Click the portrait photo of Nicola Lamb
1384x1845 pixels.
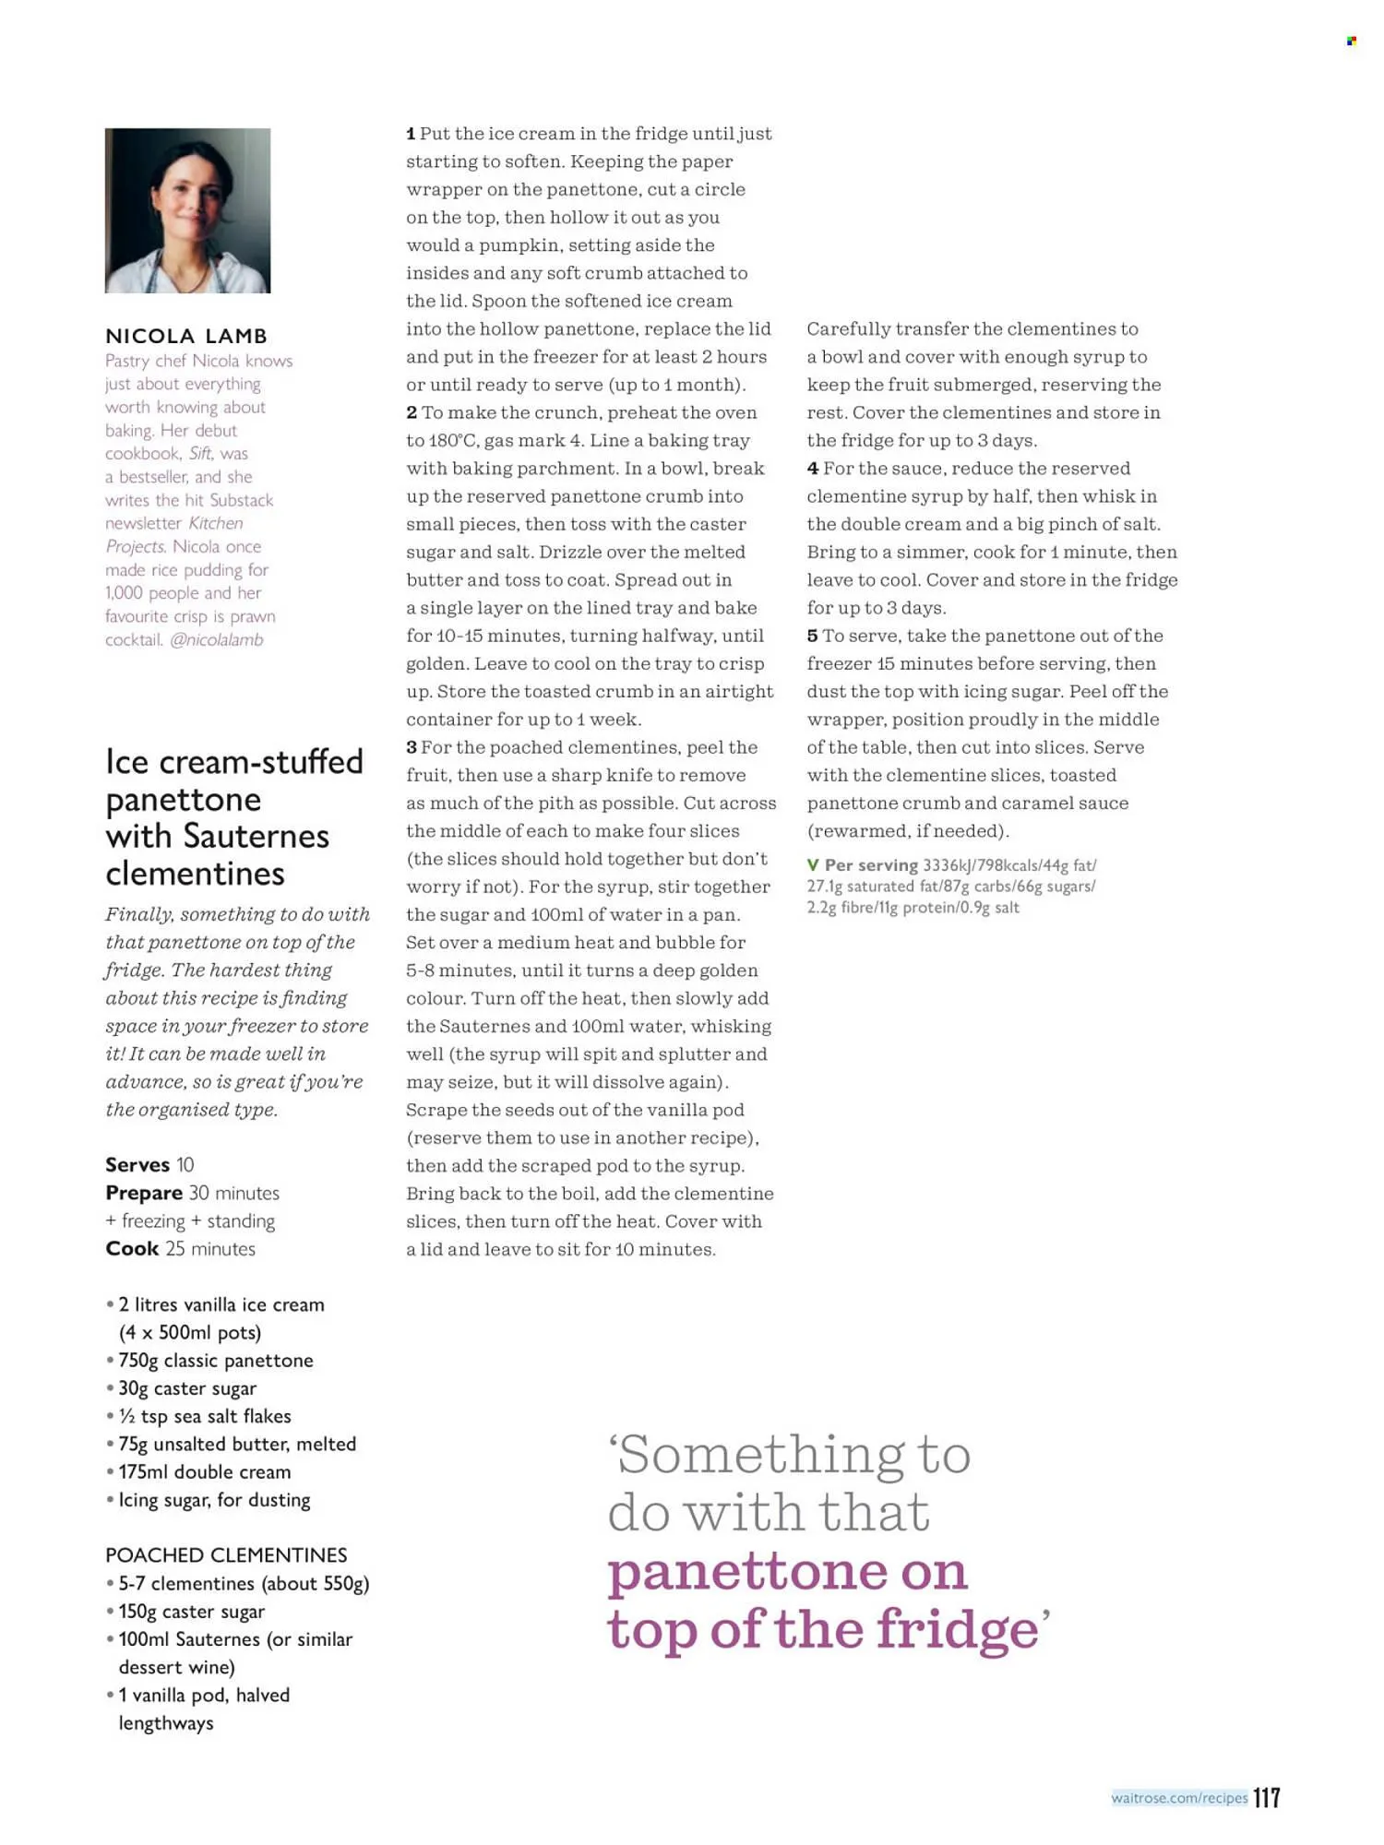point(187,210)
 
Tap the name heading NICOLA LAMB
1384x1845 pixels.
point(186,336)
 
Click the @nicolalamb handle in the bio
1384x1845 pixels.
point(217,639)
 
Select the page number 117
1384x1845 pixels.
point(1267,1797)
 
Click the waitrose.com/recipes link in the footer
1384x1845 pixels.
point(1179,1798)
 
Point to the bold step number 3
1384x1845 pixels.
point(412,747)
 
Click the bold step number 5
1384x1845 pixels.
point(812,636)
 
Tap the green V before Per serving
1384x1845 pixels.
point(813,865)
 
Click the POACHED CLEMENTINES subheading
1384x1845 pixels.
point(226,1555)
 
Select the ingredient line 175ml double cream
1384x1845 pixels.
point(204,1471)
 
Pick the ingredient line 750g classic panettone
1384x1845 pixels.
point(215,1360)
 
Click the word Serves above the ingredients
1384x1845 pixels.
point(137,1164)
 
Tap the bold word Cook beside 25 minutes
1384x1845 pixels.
point(132,1248)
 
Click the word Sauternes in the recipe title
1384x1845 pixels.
point(257,836)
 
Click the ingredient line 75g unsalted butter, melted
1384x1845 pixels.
point(236,1444)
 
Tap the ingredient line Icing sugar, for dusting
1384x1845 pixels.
point(214,1500)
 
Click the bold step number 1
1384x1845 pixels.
point(411,134)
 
